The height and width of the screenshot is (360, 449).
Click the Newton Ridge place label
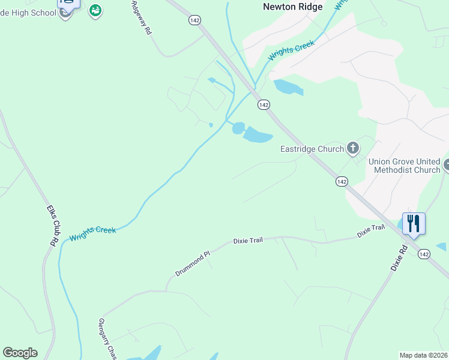tap(293, 7)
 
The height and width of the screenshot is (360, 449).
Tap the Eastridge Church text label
tap(312, 148)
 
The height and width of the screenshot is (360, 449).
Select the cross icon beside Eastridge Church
tap(353, 148)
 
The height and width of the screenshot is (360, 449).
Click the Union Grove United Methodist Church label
tap(404, 166)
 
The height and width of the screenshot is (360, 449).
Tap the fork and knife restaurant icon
tap(414, 223)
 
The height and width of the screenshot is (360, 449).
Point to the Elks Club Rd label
tap(52, 226)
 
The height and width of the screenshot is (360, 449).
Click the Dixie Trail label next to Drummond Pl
tap(248, 241)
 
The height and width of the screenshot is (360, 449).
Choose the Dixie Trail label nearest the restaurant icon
tap(370, 230)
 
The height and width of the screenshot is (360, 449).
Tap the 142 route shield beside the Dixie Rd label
tap(424, 254)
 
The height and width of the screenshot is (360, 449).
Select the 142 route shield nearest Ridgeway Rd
tap(193, 20)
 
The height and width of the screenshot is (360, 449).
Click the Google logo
tap(20, 353)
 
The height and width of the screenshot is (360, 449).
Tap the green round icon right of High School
tap(95, 10)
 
